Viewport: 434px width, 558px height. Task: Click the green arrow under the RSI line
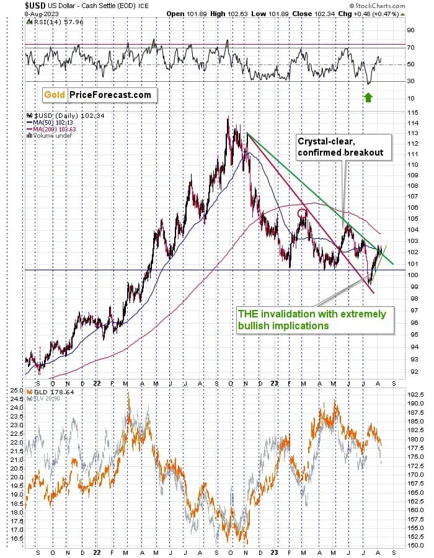[368, 97]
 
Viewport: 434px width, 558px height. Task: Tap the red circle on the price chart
[302, 213]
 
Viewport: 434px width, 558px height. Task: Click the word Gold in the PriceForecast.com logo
[55, 95]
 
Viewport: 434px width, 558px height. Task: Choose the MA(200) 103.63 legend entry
[50, 129]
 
